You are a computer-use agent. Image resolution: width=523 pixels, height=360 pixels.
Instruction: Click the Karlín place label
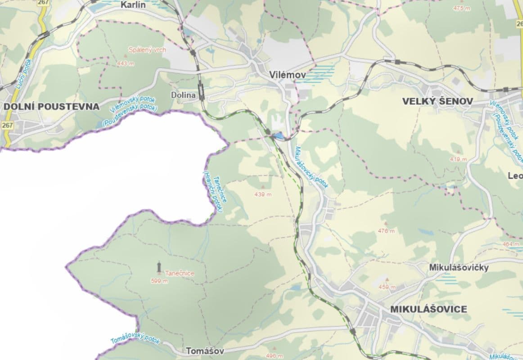(135, 5)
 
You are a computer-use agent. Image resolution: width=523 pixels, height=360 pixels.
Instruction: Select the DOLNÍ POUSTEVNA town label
(51, 107)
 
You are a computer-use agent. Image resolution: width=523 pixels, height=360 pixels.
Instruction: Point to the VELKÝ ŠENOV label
(437, 102)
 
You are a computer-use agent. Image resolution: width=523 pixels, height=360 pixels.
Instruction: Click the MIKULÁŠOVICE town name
(428, 310)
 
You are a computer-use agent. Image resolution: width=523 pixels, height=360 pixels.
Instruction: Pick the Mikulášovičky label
(459, 267)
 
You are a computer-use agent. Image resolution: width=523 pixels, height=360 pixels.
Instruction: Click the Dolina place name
(183, 95)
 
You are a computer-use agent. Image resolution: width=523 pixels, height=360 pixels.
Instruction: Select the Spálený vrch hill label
(147, 50)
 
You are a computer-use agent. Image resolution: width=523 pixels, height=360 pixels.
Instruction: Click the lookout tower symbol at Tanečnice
(159, 267)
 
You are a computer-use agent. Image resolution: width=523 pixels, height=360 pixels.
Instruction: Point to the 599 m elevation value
(159, 281)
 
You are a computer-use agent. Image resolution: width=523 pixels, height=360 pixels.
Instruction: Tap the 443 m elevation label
(125, 64)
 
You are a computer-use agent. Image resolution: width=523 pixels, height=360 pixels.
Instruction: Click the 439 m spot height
(263, 194)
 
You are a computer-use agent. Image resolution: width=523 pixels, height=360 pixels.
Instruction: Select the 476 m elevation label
(386, 231)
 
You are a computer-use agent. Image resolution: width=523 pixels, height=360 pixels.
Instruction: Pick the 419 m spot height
(458, 159)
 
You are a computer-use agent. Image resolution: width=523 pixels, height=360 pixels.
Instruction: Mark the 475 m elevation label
(461, 8)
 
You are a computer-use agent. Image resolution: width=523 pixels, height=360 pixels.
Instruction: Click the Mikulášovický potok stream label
(312, 166)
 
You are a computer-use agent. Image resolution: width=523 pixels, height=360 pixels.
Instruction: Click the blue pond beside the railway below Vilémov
(279, 135)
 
